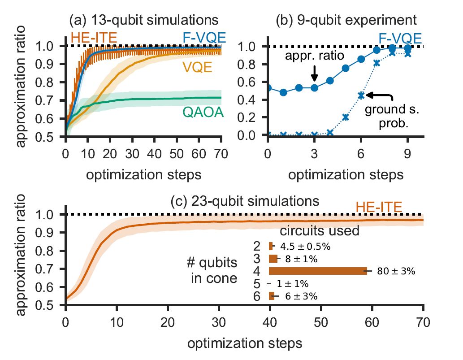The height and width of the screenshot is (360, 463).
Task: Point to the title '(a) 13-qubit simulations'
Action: pos(144,20)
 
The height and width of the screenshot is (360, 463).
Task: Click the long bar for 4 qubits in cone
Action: pos(318,271)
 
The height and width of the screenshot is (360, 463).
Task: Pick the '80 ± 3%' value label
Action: pos(397,271)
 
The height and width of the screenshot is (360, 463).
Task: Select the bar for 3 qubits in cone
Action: pos(273,259)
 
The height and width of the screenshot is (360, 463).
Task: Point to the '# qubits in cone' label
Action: pos(212,270)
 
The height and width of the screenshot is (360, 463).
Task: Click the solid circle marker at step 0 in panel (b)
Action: pos(268,88)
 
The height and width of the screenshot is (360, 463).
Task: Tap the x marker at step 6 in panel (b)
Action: pos(361,95)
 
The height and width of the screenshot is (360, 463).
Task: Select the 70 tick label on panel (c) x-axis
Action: pos(423,321)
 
